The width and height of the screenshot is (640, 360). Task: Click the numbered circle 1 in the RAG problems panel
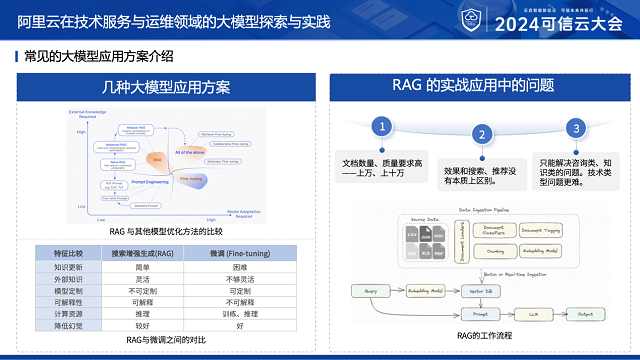[381, 126]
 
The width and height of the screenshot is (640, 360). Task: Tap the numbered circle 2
[480, 135]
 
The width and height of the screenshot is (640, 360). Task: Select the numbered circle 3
[575, 128]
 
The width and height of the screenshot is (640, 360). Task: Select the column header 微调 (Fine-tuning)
[240, 255]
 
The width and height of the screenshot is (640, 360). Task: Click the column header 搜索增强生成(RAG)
[142, 255]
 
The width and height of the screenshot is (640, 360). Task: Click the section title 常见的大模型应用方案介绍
[99, 56]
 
